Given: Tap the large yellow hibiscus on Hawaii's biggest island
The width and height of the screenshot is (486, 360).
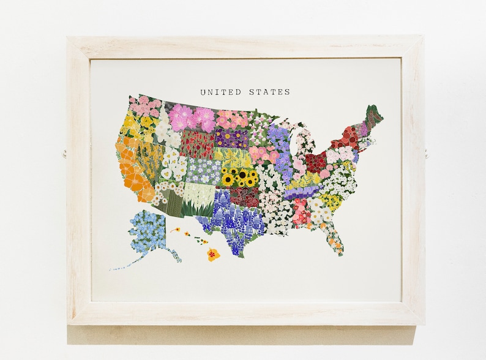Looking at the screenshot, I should click(213, 254).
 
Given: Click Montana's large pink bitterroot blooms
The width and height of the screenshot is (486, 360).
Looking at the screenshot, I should click(192, 118).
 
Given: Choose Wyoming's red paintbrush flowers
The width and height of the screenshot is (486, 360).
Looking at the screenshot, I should click(197, 144).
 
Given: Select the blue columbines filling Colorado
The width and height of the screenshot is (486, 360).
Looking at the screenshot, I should click(203, 171).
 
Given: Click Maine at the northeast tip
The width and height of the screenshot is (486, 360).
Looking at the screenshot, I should click(372, 116).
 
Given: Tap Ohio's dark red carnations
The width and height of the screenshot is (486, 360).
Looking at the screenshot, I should click(316, 162).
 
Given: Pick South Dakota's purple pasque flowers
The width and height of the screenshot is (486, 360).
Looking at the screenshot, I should click(231, 138).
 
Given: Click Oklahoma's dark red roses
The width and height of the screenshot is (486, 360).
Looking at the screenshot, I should click(248, 197).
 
